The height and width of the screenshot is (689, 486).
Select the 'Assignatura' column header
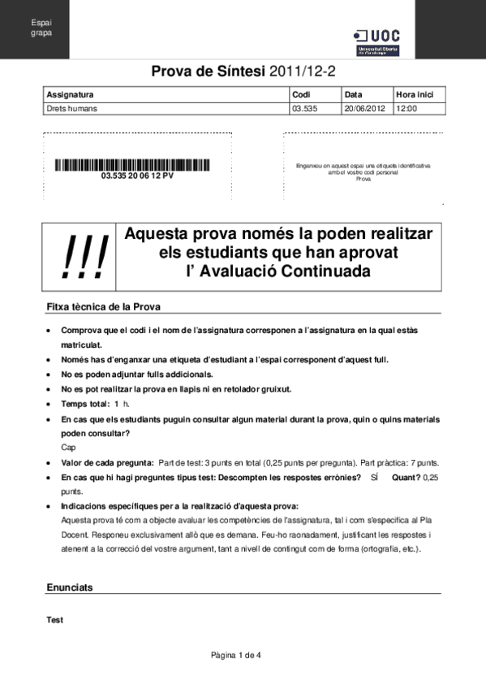click(71, 94)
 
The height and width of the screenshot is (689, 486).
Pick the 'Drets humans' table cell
click(67, 107)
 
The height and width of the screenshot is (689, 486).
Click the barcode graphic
click(137, 166)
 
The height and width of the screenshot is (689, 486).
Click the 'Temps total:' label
click(85, 404)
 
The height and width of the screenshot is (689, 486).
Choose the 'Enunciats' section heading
click(70, 587)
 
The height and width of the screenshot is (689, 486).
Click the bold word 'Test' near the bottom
click(55, 620)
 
